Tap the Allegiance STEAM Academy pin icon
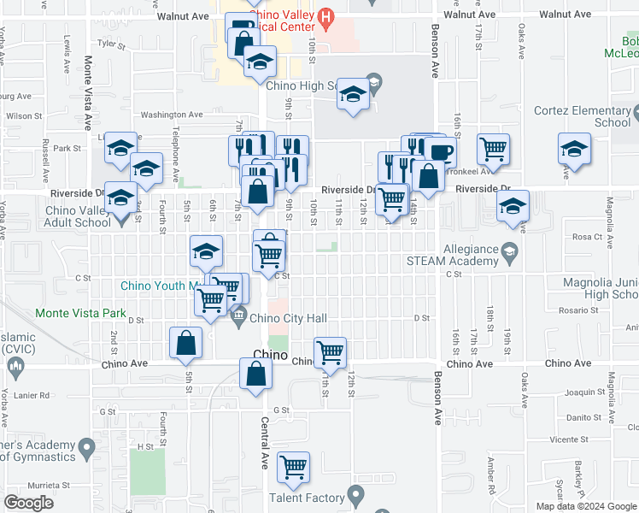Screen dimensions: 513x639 pyautogui.click(x=510, y=250)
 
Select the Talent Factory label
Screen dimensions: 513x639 pyautogui.click(x=308, y=498)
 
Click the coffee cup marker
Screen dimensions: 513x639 pyautogui.click(x=441, y=152)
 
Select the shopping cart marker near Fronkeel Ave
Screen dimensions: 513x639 pyautogui.click(x=494, y=149)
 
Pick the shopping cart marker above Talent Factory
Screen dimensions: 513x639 pyautogui.click(x=293, y=466)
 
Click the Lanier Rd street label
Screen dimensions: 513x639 pyautogui.click(x=32, y=394)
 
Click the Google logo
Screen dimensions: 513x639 pyautogui.click(x=28, y=503)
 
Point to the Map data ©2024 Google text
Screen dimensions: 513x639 pyautogui.click(x=585, y=506)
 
